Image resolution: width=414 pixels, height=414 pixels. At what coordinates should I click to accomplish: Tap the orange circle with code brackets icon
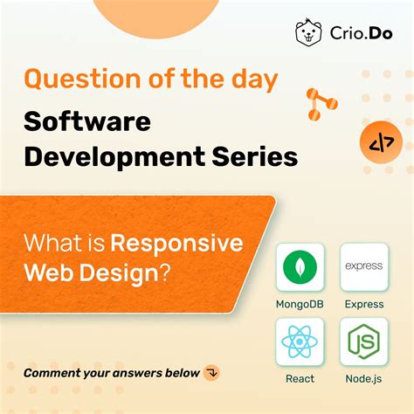[x=381, y=143]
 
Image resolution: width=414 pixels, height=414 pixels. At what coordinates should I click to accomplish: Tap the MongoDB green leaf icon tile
[x=300, y=266]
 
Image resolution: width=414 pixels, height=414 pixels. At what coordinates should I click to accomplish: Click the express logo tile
[x=364, y=266]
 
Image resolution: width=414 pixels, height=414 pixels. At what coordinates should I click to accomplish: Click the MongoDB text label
[x=300, y=304]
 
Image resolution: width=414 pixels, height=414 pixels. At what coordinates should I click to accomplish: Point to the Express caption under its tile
[x=364, y=304]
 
